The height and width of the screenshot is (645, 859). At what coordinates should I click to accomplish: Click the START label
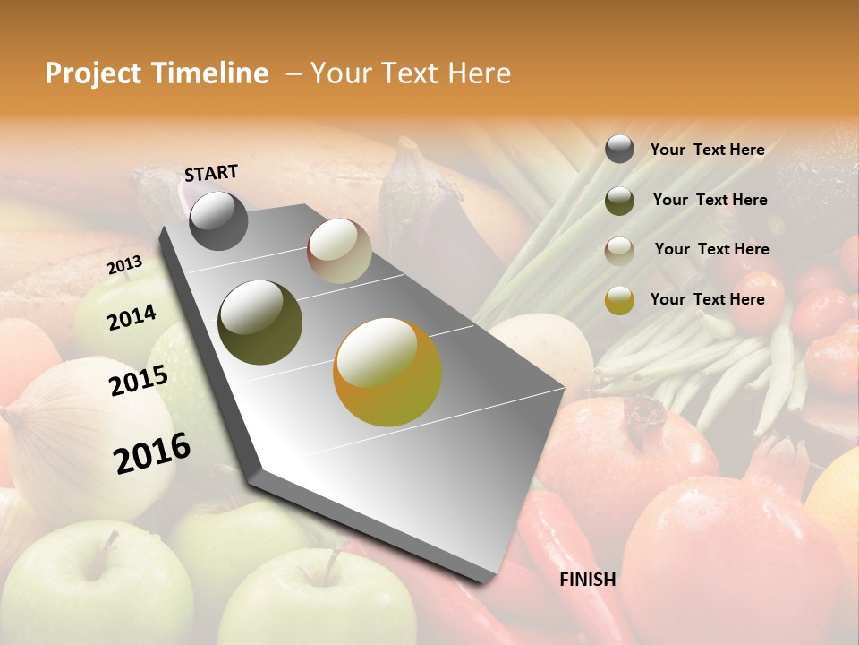pos(211,173)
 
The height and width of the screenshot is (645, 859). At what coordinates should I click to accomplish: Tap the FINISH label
pos(587,580)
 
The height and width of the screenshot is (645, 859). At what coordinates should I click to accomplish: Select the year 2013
pos(124,265)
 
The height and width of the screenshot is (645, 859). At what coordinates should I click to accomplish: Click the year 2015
pos(138,381)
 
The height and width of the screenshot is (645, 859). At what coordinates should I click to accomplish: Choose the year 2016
pos(152,452)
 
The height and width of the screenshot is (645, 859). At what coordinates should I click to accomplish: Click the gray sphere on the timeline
pos(218,220)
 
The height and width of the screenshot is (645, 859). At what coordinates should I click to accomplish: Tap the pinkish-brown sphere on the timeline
pos(339,251)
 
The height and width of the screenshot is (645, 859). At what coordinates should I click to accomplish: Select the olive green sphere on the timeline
pos(260,322)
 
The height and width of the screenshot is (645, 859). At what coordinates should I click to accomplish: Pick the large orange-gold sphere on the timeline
pos(387,372)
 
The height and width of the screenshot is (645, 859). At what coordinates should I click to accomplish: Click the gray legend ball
pos(619,150)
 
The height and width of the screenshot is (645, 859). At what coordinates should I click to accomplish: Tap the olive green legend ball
pos(619,201)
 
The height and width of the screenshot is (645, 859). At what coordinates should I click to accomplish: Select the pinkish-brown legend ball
pos(619,251)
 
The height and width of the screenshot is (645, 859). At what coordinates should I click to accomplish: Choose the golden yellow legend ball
pos(619,301)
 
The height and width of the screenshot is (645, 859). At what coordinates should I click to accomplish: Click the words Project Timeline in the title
pos(157,73)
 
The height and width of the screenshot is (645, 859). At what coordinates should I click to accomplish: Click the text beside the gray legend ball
pos(707,150)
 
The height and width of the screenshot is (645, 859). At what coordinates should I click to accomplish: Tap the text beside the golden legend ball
pos(707,299)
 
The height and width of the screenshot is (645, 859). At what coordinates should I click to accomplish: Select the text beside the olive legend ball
pos(710,200)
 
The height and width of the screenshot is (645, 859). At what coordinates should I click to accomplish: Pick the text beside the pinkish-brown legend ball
pos(711,249)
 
